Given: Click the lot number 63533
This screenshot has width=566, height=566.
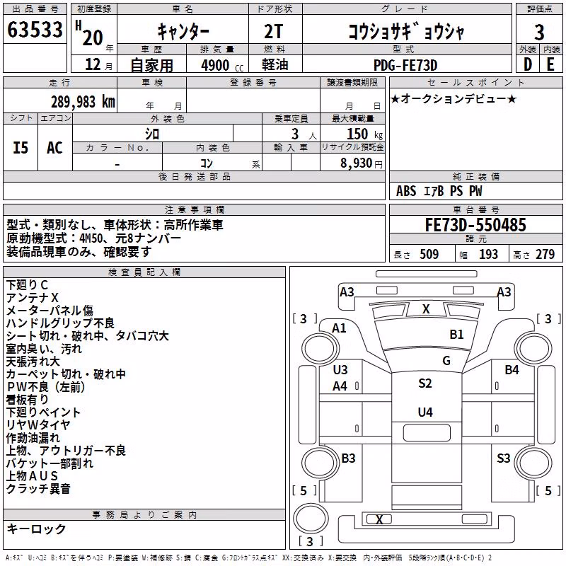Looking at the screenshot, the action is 35,29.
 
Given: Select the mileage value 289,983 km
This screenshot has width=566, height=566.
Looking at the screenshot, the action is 83,102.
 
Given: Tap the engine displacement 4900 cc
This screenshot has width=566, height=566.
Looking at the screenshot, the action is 222,65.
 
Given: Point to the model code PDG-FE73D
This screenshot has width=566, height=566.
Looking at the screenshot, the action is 405,65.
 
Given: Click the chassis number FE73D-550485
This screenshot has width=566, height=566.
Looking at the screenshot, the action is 475,225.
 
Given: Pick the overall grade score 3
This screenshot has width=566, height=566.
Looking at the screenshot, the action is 539,32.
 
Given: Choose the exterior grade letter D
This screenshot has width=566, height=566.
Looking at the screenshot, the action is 528,64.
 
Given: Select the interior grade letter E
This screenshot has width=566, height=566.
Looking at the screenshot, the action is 550,64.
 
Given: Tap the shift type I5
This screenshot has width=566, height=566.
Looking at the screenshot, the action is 21,148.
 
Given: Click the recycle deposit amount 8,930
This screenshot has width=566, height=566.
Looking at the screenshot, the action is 356,163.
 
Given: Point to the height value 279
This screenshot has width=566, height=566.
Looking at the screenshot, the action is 545,254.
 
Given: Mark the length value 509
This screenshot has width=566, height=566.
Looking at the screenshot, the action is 429,254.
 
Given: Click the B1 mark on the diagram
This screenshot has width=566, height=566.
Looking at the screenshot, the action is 456,334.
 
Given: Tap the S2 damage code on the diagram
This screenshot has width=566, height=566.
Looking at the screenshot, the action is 425,383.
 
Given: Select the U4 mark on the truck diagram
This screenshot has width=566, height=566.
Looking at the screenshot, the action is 425,412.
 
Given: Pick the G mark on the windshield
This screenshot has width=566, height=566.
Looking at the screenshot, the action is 446,360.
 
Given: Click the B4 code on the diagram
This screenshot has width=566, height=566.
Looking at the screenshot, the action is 512,369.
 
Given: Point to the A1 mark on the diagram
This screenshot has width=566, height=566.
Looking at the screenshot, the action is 339,328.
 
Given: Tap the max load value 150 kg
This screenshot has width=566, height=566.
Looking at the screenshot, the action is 364,134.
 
